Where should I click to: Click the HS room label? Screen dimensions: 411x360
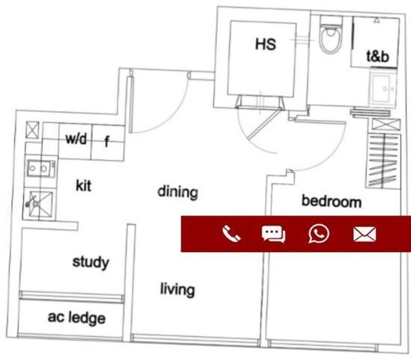pos(265,44)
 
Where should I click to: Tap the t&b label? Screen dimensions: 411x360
pos(378,56)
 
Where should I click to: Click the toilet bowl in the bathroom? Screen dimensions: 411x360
pos(331,34)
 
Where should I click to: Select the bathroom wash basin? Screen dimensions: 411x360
pos(383,88)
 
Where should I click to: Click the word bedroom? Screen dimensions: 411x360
pos(332,201)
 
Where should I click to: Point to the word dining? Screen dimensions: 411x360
pos(178,192)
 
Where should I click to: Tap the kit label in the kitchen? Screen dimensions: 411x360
pos(84,185)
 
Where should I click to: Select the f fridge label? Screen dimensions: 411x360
pos(107,142)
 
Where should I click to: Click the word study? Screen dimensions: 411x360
pos(91,262)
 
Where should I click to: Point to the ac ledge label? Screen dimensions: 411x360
pos(77,318)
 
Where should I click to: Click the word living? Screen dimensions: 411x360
pos(178,290)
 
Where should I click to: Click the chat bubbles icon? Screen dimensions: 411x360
pos(274,234)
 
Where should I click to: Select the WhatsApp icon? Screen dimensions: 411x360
pos(319,234)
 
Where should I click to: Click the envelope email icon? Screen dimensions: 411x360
pos(364,234)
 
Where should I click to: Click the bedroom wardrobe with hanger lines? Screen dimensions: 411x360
pos(383,161)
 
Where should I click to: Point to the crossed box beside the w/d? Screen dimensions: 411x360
pos(32,130)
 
